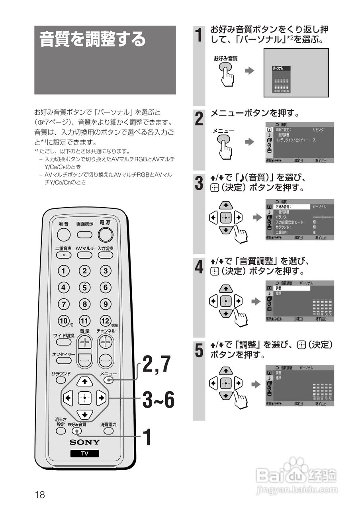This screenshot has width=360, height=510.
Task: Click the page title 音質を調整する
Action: point(93,39)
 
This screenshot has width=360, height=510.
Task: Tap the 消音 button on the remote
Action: point(64,235)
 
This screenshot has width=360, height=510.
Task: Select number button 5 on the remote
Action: point(84,287)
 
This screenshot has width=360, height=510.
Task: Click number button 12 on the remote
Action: point(105,320)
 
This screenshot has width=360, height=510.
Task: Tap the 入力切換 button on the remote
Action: point(106,255)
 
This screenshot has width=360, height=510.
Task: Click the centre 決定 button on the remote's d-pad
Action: point(84,398)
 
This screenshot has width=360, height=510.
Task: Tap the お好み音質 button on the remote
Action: point(77,431)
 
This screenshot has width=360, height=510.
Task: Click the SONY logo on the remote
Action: point(85,442)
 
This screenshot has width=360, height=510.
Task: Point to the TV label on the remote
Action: point(85,453)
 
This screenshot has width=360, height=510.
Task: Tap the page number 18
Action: point(40,495)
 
